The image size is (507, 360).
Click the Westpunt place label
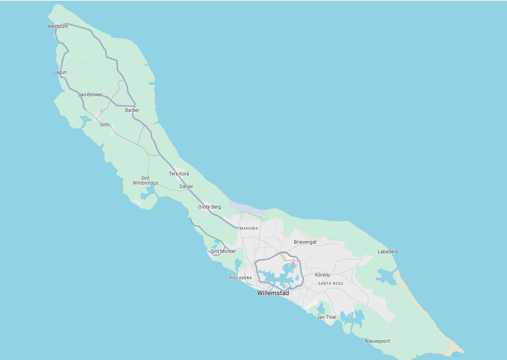pos(58,26)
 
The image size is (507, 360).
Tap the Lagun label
pos(60,72)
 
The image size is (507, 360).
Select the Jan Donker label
pos(90,95)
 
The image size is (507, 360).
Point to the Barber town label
pos(132,110)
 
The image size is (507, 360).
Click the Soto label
pos(105,125)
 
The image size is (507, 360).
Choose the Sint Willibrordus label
pos(145,181)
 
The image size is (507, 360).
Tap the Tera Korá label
pos(179,174)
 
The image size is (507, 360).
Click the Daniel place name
pos(186,187)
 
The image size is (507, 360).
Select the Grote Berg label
pos(210,207)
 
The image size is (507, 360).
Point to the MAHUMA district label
pos(249,229)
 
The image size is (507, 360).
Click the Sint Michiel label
pos(223,251)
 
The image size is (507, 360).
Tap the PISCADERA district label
pos(240,278)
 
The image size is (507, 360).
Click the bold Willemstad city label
pos(273,293)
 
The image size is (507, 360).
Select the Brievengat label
pos(305,242)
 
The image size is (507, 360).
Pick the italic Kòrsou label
pos(322,275)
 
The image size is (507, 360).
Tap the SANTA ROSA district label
pos(330,284)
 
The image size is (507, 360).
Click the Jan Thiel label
pos(326,317)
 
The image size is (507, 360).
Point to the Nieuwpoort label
pos(377,341)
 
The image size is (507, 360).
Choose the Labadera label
pos(387,252)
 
